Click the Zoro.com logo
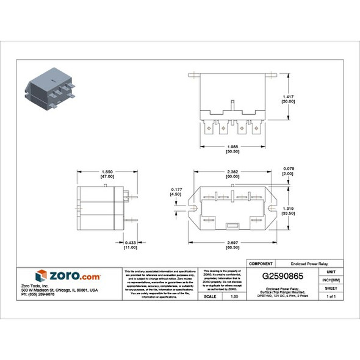(68, 276)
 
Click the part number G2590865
(283, 276)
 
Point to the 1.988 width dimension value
(231, 147)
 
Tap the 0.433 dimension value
(130, 242)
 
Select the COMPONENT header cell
(262, 262)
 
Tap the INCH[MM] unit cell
(331, 279)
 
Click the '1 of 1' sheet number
(331, 296)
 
